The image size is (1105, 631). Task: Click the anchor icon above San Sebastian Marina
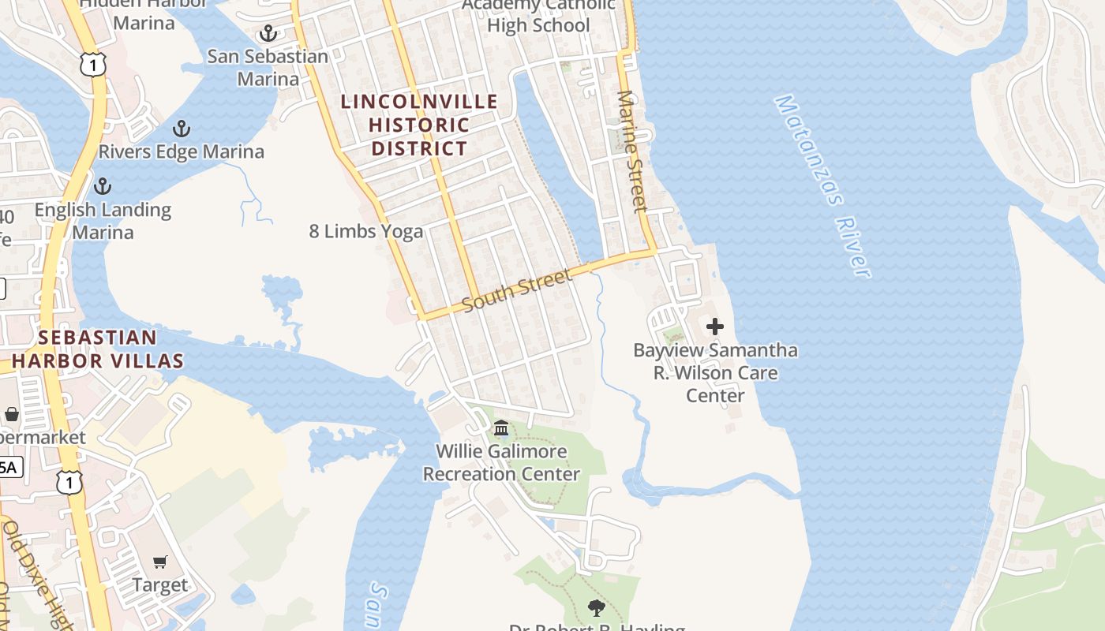click(x=268, y=33)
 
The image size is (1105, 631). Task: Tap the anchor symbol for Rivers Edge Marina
click(x=182, y=129)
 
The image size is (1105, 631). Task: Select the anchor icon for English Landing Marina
click(x=102, y=186)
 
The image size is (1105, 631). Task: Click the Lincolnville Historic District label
click(x=419, y=125)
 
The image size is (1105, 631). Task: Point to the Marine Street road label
click(x=632, y=151)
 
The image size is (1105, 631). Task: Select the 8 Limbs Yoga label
click(x=366, y=231)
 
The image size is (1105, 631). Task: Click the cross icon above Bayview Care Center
click(x=715, y=326)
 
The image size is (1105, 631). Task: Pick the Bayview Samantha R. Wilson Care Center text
click(x=715, y=372)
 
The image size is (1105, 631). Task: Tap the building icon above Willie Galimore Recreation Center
click(x=501, y=428)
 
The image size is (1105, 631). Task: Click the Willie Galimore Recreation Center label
click(x=502, y=463)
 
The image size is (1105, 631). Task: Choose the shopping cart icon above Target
click(x=160, y=562)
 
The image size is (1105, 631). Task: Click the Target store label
click(x=160, y=585)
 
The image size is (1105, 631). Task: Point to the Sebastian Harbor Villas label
click(x=98, y=349)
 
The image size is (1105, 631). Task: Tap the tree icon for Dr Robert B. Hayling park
click(x=597, y=607)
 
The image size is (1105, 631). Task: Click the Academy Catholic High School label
click(x=538, y=16)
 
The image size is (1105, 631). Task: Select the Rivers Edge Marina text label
click(x=182, y=151)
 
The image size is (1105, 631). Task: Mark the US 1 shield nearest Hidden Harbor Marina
click(x=93, y=64)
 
